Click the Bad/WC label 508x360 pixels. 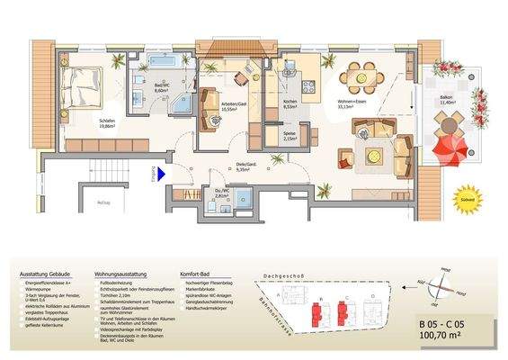coord(162,88)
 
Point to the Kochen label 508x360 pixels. coord(290,103)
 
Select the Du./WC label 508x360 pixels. coord(223,192)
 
